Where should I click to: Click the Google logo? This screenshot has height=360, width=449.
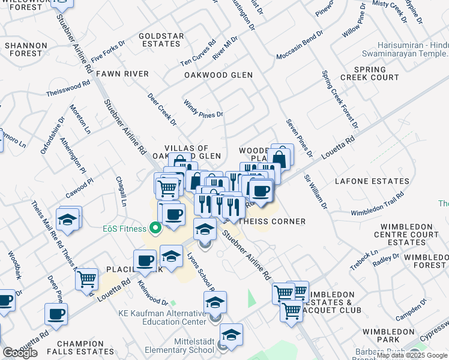point(20,353)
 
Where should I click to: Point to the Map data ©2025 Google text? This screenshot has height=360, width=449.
point(412,356)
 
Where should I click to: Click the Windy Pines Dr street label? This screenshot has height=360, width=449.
point(203,109)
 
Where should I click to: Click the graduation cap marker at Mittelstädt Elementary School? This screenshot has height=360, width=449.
point(231,334)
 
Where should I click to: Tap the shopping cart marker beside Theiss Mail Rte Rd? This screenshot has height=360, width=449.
point(86,278)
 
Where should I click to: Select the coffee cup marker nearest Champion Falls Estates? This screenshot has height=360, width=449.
point(56,313)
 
